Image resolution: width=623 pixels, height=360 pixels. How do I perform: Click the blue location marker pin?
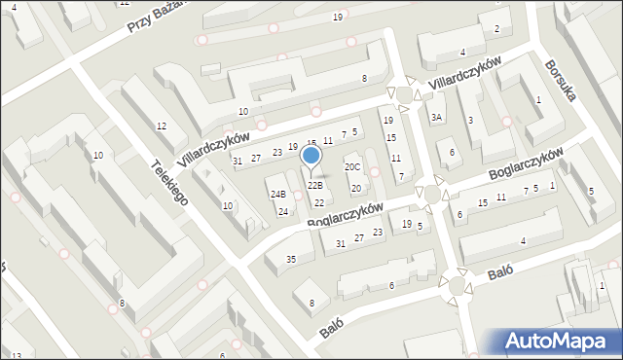point(311,157)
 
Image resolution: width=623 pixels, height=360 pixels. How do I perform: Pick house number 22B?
point(314,185)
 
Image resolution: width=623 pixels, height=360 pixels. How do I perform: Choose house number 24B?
point(278,194)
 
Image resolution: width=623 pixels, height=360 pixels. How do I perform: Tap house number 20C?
point(352,167)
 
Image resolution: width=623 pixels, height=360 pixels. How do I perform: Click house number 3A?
point(437,118)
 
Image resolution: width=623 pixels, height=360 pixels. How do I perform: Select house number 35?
point(290,259)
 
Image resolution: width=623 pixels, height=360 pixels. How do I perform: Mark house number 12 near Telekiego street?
point(162,126)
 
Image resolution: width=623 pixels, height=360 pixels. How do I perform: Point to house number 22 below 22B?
point(319,202)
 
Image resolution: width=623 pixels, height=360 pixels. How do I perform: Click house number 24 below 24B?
point(282,211)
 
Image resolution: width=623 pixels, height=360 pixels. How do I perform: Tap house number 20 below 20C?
point(355,188)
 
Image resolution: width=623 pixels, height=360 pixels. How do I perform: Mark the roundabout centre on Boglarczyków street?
point(431,195)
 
